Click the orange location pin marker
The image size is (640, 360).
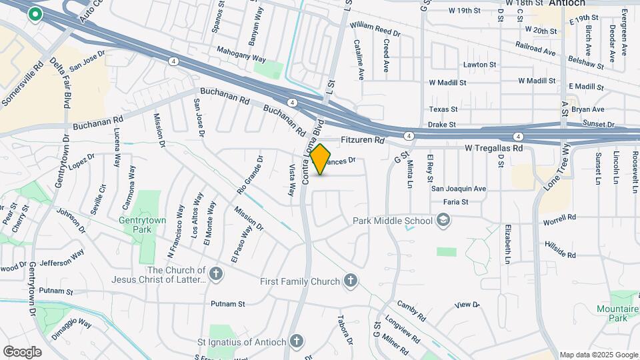click(321, 159)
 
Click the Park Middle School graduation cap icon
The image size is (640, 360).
click(443, 220)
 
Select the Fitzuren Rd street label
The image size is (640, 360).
click(363, 141)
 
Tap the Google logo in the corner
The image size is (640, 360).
click(22, 351)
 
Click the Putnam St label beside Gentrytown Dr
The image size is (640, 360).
click(56, 291)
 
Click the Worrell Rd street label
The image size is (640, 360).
click(559, 217)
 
